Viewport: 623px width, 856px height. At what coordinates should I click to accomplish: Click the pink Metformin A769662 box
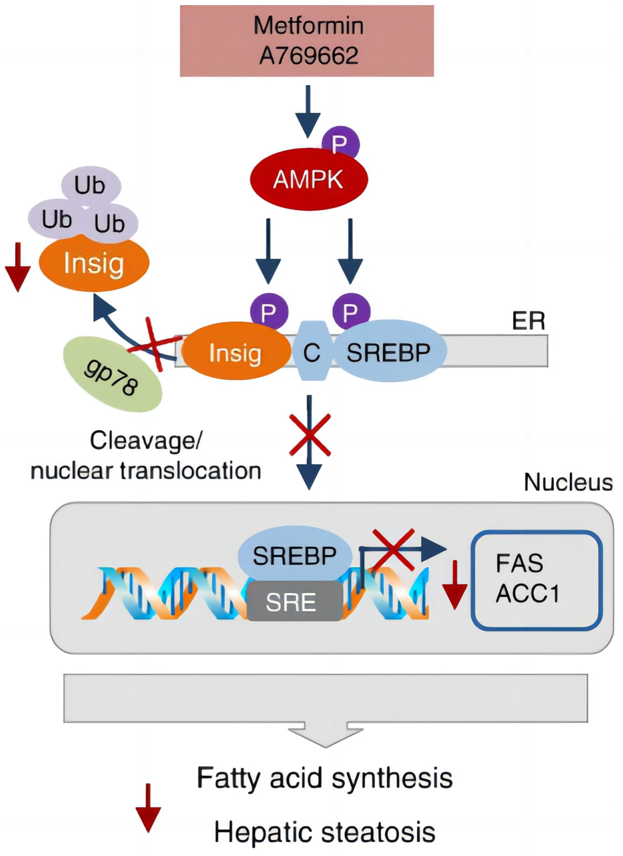click(307, 41)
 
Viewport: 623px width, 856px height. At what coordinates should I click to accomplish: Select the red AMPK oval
click(309, 180)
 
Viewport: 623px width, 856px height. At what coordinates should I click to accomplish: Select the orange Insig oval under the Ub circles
click(94, 263)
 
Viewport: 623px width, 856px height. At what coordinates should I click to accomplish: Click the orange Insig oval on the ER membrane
click(235, 353)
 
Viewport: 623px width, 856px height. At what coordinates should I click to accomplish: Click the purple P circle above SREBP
click(351, 312)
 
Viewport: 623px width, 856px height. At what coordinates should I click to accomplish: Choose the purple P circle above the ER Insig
click(269, 312)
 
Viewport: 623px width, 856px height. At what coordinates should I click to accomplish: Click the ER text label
click(528, 321)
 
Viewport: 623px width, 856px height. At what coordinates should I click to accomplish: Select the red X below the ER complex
click(310, 435)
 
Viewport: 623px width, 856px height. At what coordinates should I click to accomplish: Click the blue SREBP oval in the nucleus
click(295, 555)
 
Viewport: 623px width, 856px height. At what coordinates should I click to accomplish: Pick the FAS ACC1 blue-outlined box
click(536, 580)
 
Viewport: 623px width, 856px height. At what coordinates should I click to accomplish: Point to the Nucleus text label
click(568, 482)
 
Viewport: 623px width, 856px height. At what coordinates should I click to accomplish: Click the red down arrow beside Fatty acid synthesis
click(148, 807)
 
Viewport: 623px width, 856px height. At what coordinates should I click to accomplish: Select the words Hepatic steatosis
click(325, 832)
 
